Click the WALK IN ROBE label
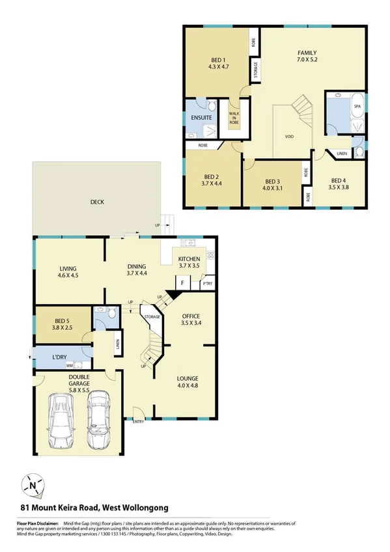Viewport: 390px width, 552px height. click(x=233, y=118)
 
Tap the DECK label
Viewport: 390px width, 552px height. click(x=97, y=202)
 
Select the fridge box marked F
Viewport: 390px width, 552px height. click(x=182, y=284)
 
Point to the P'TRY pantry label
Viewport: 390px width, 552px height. click(x=207, y=284)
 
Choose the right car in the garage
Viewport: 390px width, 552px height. click(x=99, y=420)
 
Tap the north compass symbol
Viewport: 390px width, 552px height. click(x=33, y=485)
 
